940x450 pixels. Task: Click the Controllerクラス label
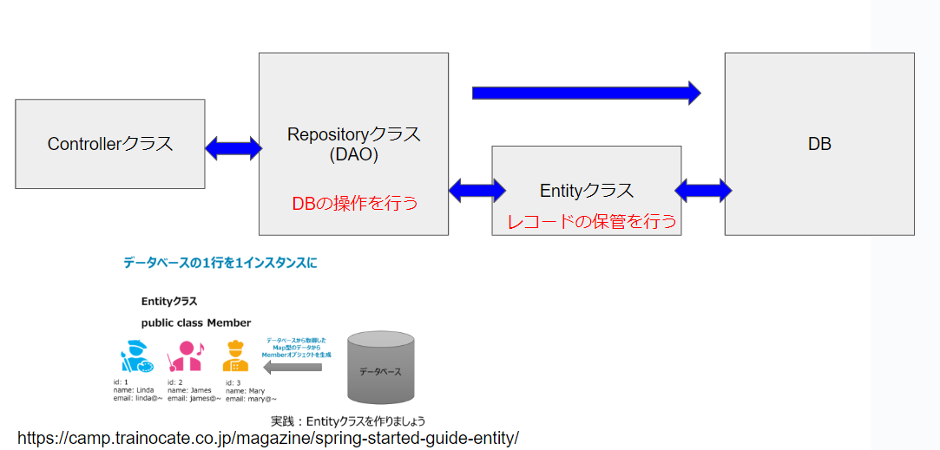pyautogui.click(x=110, y=144)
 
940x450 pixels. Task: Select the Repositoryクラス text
pyautogui.click(x=353, y=134)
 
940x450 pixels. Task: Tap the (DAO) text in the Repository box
pyautogui.click(x=353, y=156)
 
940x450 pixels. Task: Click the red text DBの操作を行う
pyautogui.click(x=354, y=203)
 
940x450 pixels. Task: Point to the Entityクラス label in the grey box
pyautogui.click(x=587, y=191)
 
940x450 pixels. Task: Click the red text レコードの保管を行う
pyautogui.click(x=592, y=222)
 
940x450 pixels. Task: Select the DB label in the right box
pyautogui.click(x=819, y=144)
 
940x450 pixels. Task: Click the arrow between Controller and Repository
pyautogui.click(x=233, y=148)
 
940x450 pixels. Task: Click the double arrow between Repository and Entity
pyautogui.click(x=477, y=189)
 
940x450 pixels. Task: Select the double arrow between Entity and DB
pyautogui.click(x=703, y=190)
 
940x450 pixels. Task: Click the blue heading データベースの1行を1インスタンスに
pyautogui.click(x=220, y=262)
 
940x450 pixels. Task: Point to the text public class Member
pyautogui.click(x=196, y=323)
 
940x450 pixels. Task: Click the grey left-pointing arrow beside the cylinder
pyautogui.click(x=292, y=368)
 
